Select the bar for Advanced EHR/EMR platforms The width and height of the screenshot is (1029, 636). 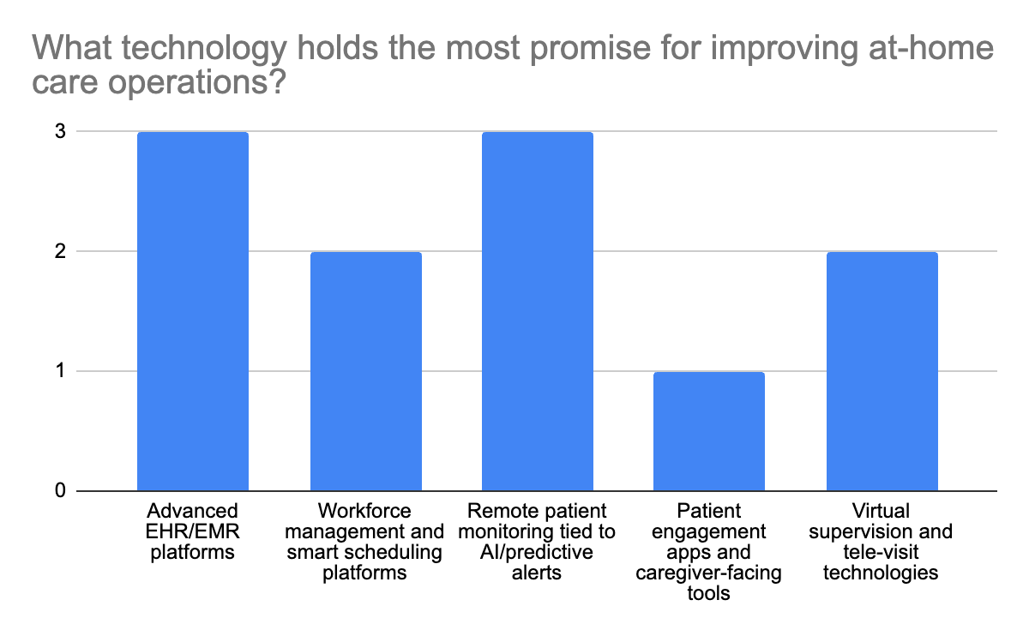193,311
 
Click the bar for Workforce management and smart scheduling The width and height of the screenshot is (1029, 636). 365,371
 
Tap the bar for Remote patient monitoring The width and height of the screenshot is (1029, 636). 538,311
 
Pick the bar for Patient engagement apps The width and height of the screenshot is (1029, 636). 709,431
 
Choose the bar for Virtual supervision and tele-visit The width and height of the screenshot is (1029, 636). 882,371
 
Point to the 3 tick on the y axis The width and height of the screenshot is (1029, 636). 60,132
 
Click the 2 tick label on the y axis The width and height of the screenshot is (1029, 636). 60,251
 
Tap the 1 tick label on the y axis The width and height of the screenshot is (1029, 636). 60,370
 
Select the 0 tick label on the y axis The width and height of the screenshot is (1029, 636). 60,490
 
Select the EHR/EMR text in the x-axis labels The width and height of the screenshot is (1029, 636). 192,531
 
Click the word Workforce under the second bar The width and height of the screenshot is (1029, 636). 364,511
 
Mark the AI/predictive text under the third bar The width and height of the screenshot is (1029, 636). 537,552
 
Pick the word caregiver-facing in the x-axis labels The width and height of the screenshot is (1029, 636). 708,573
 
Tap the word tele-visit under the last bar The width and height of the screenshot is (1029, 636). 881,552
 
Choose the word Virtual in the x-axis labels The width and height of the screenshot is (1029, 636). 881,511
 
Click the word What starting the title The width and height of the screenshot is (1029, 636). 72,47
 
